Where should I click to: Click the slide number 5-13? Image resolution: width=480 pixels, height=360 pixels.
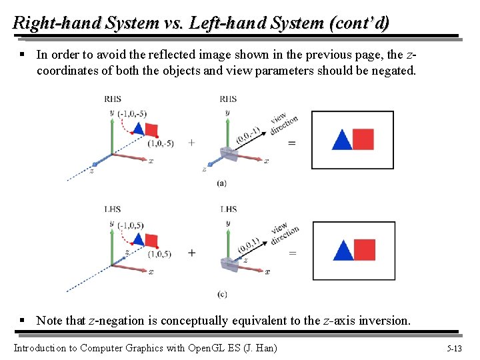[454, 348]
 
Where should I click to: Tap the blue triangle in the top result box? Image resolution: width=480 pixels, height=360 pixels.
[341, 141]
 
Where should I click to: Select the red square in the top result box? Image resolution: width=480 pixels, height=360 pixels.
[363, 139]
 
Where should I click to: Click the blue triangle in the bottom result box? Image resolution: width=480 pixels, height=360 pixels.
[343, 251]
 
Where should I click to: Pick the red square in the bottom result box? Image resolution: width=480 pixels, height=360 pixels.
[364, 249]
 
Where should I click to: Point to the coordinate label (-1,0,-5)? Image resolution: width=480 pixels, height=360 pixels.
[132, 113]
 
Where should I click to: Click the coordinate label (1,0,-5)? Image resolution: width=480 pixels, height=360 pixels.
[161, 143]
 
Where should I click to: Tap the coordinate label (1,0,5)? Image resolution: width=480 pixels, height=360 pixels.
[159, 254]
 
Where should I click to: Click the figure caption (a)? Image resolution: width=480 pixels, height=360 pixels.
[221, 183]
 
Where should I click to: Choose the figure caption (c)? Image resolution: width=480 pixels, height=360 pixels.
[221, 294]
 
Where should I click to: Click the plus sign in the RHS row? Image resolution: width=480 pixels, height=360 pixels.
[192, 143]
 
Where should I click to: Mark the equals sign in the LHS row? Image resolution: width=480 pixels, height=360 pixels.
[291, 253]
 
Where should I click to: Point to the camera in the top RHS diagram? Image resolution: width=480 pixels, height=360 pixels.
[229, 154]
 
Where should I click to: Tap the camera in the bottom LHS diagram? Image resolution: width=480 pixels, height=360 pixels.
[229, 264]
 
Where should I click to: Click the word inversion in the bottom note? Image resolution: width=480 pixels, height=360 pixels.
[385, 321]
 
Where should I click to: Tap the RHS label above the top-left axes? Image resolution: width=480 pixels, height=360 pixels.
[113, 99]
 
